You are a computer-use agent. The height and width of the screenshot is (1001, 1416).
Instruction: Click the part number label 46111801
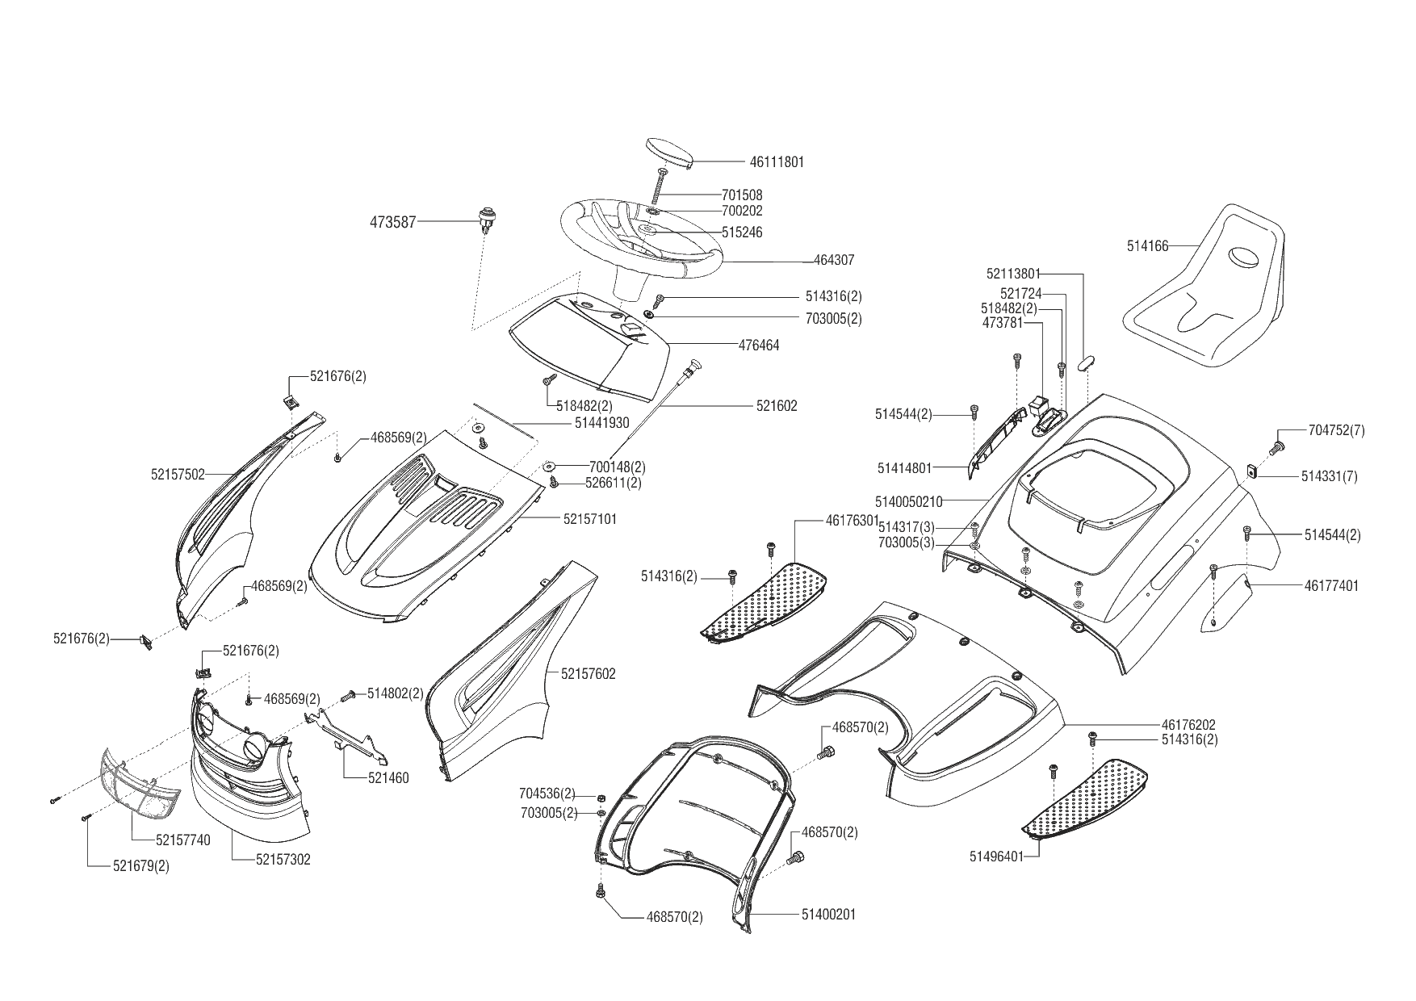pos(777,161)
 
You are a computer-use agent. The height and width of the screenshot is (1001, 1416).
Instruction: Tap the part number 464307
pos(834,261)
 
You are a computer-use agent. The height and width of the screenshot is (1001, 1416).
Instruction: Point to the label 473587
pos(392,221)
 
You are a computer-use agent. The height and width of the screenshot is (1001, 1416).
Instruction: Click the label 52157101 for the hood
pos(589,520)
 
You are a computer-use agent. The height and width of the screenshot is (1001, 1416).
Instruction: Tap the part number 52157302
pos(283,860)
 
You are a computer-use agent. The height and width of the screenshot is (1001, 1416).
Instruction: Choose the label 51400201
pos(828,915)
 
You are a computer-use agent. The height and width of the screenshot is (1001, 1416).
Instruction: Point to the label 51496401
pos(996,856)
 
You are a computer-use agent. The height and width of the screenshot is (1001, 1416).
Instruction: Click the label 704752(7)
pos(1336,430)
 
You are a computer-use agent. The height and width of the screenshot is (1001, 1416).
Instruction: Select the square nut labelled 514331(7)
pos(1253,471)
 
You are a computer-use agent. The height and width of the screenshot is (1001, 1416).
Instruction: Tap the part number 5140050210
pos(909,501)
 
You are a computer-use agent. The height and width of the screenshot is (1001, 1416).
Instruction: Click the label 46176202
pos(1188,725)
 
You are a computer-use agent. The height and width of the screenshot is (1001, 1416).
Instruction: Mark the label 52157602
pos(589,673)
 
